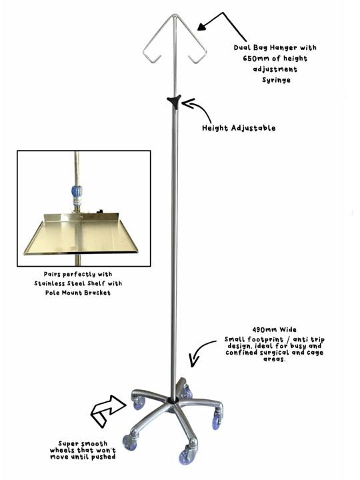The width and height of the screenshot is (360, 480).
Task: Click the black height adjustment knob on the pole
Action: tap(175, 101)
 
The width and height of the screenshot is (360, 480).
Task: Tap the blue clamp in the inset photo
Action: tap(77, 195)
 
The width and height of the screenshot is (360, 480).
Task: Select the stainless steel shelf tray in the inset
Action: tap(81, 233)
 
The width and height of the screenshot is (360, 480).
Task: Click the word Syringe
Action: tap(276, 80)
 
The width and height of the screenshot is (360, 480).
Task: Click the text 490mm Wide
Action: tap(274, 330)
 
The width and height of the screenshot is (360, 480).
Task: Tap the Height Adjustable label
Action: tap(239, 128)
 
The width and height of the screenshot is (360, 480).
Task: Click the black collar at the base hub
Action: tap(173, 399)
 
